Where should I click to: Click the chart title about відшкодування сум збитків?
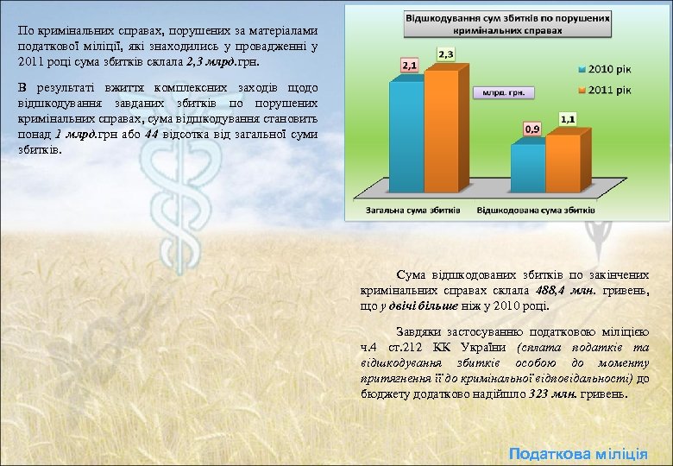[508, 23]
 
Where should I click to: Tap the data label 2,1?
[406, 66]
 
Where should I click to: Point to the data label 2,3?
[446, 54]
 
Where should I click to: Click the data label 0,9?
[532, 129]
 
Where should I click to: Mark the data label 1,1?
[569, 118]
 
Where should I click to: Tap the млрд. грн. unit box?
[503, 91]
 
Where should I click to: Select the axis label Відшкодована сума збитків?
[536, 210]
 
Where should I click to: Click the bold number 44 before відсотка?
[152, 135]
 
